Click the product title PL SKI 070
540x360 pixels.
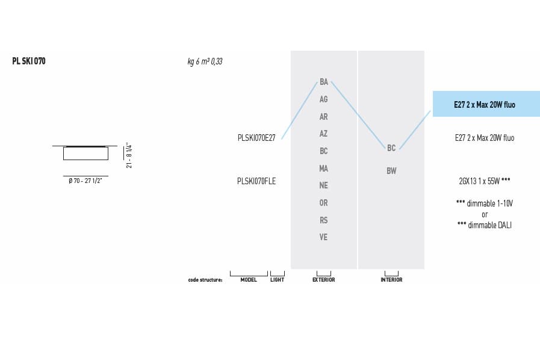click(x=29, y=61)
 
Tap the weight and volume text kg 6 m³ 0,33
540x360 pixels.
click(x=205, y=61)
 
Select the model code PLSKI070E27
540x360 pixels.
click(x=256, y=138)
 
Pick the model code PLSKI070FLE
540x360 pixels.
click(x=256, y=181)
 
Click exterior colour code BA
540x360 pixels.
click(x=324, y=82)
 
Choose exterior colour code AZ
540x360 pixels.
click(x=323, y=134)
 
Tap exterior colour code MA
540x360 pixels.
click(x=323, y=169)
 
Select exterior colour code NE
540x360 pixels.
click(x=323, y=185)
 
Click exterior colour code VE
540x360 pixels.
click(x=323, y=237)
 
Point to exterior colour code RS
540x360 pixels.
click(x=323, y=220)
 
